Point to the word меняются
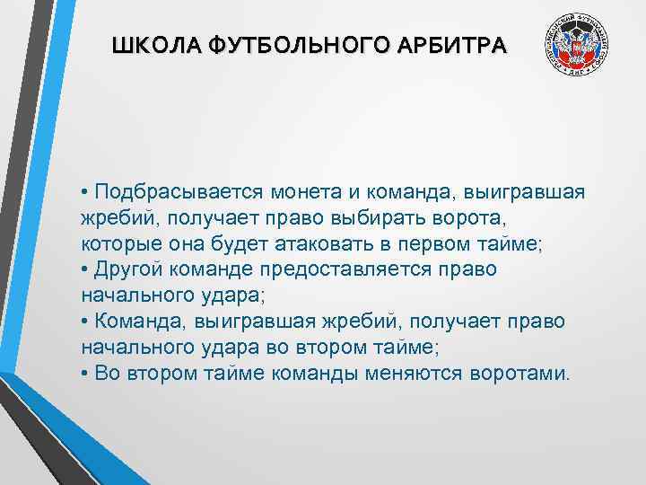[x=417, y=373]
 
